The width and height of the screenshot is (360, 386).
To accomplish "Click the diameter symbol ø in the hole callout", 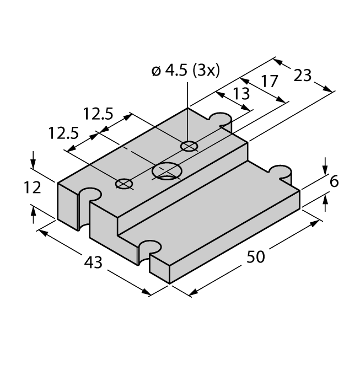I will pos(156,71).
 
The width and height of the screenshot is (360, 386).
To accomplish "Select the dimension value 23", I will pos(303,75).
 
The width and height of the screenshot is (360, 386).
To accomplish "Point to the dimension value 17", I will pos(270,82).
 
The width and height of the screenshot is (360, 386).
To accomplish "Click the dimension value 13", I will pos(241,94).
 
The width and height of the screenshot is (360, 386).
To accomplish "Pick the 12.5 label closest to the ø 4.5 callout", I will pos(98,114).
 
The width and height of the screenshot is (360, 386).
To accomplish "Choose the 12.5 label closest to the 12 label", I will pos(63,134).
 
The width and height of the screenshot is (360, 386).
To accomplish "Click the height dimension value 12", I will pos(33,187).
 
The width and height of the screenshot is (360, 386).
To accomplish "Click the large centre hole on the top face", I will pos(166,171).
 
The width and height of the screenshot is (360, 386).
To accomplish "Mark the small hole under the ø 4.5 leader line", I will pos(189,146).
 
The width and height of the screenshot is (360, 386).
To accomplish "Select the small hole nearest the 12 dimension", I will pos(124,184).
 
